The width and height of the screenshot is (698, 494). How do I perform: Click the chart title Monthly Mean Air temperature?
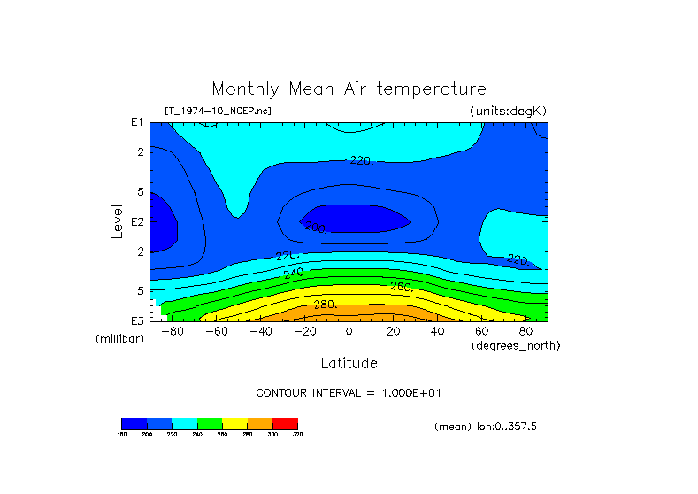[x=349, y=89]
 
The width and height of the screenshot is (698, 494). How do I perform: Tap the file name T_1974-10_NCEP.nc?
[x=218, y=111]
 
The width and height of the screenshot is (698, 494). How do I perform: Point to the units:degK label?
[x=509, y=111]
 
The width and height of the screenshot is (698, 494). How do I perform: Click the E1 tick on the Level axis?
[x=137, y=122]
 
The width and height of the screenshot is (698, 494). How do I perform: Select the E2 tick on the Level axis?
[x=137, y=221]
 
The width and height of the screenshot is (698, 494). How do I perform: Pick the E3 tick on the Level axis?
[x=137, y=320]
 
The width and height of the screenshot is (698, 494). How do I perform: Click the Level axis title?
[x=118, y=220]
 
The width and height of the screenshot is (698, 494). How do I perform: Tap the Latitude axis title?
[x=349, y=363]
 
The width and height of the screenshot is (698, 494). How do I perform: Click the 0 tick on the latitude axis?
[x=349, y=332]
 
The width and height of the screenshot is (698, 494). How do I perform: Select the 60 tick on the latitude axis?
[x=481, y=332]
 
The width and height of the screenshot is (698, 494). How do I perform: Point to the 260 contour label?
[x=401, y=287]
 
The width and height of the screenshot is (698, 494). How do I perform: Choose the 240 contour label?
[x=294, y=272]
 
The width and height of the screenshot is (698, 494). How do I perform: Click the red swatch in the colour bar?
[x=285, y=423]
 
